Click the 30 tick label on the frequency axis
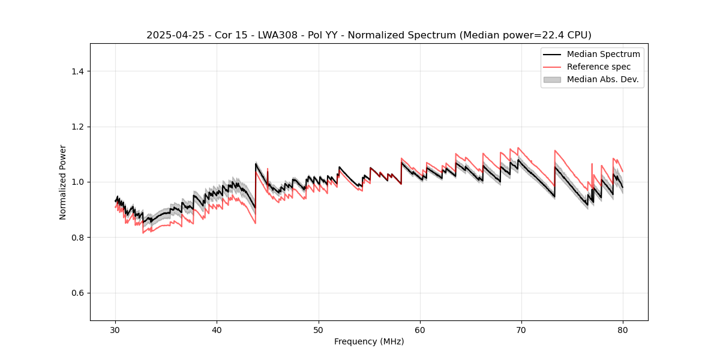116,329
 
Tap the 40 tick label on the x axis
217,329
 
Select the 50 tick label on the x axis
319,329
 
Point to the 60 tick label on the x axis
420,329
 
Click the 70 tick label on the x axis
521,329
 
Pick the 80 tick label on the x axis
623,329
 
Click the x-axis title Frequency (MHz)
369,341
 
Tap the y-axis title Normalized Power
63,182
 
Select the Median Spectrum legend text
603,54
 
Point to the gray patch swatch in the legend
552,79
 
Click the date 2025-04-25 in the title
170,35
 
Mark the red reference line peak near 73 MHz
555,151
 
